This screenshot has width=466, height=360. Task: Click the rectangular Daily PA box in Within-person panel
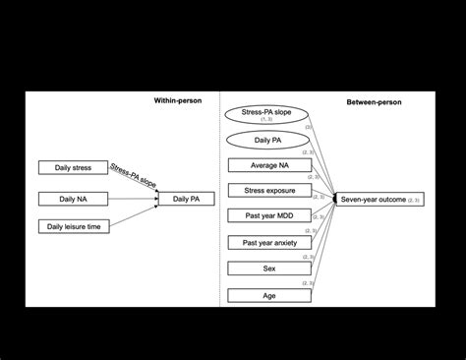pos(187,199)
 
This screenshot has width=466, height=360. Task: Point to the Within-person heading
pos(178,101)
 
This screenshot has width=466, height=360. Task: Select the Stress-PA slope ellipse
pos(265,115)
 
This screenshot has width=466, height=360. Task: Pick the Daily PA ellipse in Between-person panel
pos(265,140)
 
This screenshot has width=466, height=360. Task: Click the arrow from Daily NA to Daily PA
pos(133,199)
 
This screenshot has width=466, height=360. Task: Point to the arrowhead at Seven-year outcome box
pos(337,199)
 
